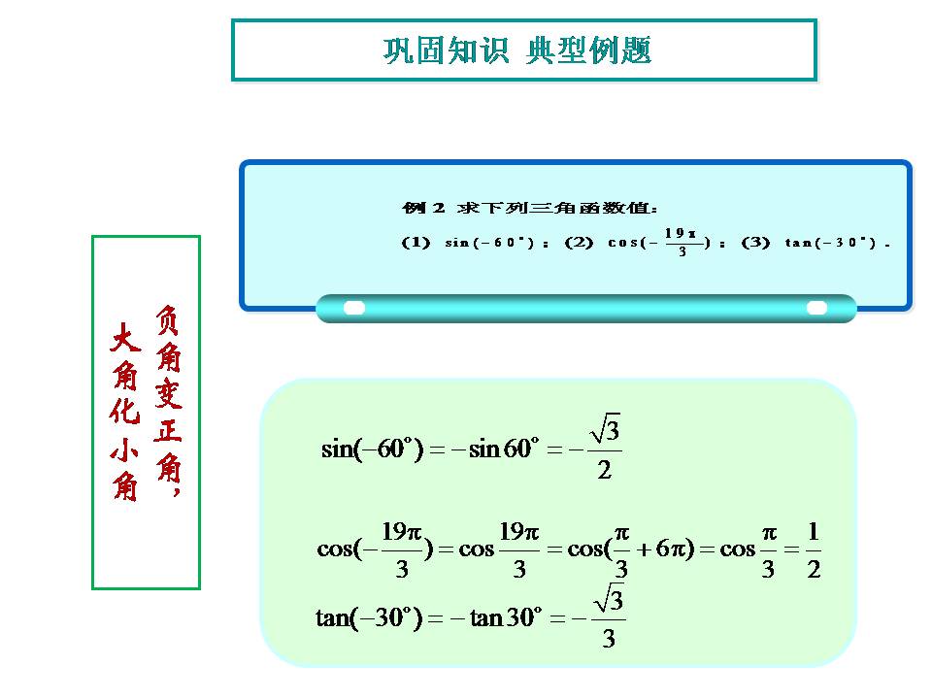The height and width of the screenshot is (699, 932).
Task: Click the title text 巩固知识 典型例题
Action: [517, 50]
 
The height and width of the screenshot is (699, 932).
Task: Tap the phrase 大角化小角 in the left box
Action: [125, 414]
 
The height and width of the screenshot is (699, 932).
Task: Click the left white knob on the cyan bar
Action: [354, 308]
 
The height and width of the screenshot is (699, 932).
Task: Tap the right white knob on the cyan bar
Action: [817, 308]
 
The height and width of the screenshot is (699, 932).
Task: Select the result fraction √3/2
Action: [603, 449]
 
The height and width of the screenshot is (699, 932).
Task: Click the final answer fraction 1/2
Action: [813, 550]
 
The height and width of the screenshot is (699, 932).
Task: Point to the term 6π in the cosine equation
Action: [671, 549]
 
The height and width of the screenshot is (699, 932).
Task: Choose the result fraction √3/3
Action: [608, 616]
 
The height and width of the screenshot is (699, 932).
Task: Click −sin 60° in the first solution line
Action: [493, 449]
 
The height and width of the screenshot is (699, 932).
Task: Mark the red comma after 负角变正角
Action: [176, 492]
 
